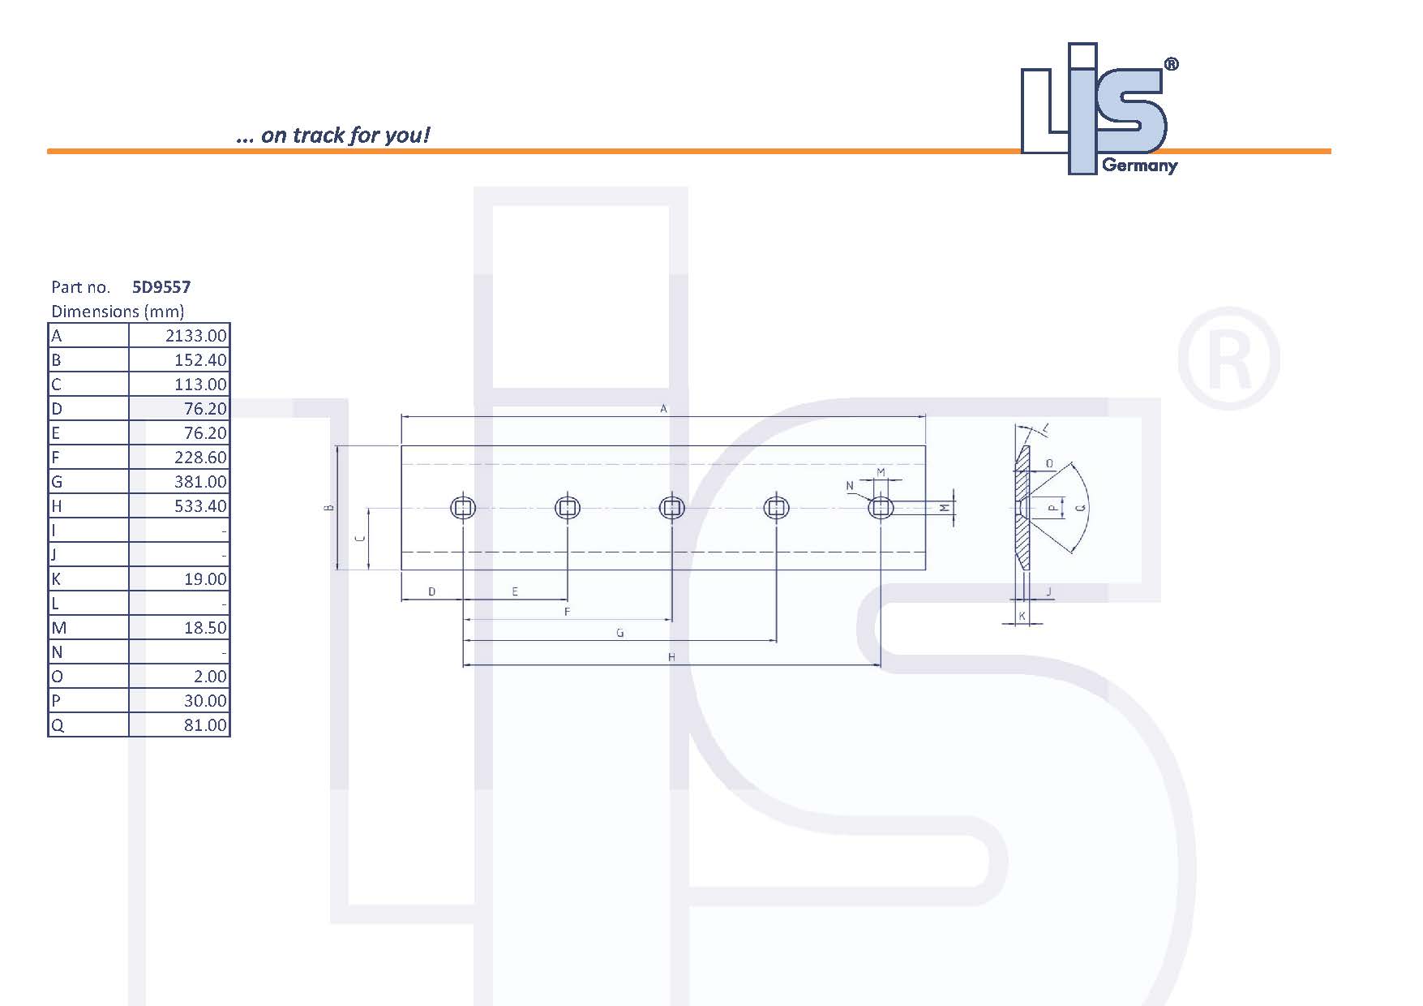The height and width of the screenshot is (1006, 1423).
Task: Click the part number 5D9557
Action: tap(161, 286)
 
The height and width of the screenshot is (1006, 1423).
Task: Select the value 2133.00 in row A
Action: tap(196, 335)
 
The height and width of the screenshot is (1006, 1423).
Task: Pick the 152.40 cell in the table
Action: tap(200, 359)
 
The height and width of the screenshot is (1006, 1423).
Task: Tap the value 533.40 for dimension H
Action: tap(200, 505)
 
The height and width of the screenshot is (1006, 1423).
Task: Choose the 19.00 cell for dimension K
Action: tap(205, 578)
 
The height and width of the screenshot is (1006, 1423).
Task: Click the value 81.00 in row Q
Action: tap(205, 724)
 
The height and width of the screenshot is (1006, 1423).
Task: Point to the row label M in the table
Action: tap(58, 627)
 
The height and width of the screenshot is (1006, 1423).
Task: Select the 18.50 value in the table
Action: tap(205, 627)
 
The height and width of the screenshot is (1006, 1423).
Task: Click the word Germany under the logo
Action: tap(1139, 166)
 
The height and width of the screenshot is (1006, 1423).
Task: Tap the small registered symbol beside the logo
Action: tap(1171, 64)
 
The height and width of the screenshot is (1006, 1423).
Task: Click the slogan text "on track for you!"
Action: tap(345, 135)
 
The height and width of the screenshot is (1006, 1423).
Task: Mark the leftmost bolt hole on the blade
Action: tap(463, 509)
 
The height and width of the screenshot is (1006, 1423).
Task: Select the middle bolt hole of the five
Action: tap(672, 509)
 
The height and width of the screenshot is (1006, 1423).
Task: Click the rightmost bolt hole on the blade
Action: tap(881, 509)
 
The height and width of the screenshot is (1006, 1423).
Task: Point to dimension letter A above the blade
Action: tap(663, 409)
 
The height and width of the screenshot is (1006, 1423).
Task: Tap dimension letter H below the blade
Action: tap(671, 657)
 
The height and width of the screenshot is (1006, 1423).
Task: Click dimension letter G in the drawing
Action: tap(620, 633)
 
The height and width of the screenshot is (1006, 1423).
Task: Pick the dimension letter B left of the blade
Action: tap(328, 508)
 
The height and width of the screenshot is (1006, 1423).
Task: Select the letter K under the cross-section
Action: tap(1022, 616)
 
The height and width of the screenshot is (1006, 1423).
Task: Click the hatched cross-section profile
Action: tap(1022, 508)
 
